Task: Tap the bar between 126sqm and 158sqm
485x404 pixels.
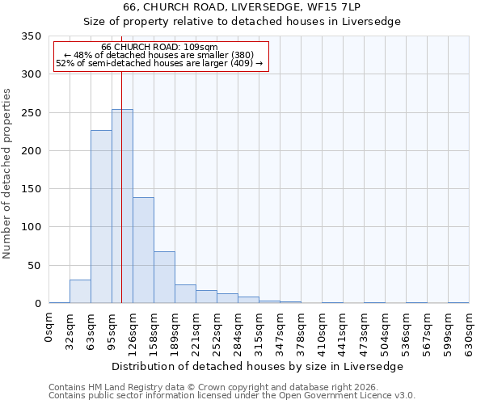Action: pos(143,250)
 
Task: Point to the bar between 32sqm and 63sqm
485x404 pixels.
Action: pos(80,292)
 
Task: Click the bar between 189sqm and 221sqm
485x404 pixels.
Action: pos(185,294)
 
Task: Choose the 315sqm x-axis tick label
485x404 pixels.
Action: pos(259,332)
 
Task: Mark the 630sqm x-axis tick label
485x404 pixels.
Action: pos(470,332)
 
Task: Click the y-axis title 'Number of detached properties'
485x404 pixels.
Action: pos(7,174)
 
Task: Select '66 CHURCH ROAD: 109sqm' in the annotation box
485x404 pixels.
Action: pos(159,47)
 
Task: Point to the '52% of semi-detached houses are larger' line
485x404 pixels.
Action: pos(159,63)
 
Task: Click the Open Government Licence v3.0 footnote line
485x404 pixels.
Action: pos(232,395)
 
